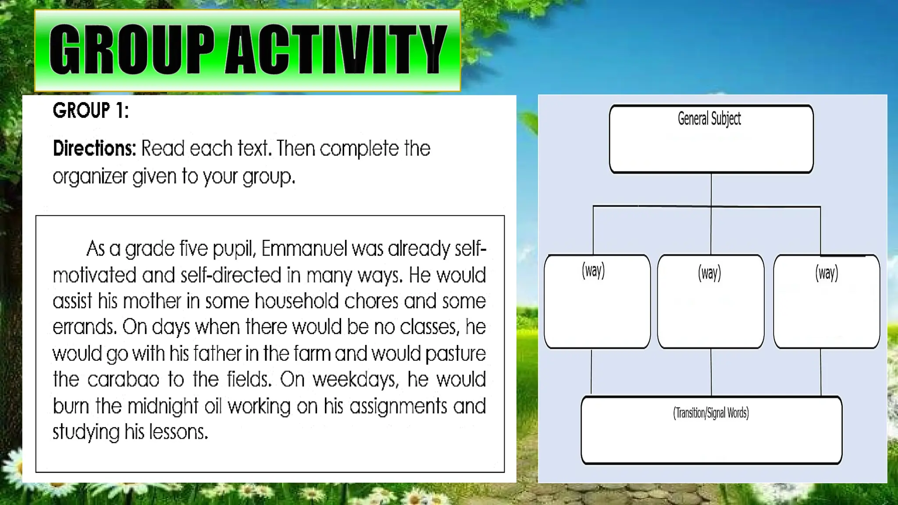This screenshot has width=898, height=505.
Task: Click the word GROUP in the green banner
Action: (x=132, y=49)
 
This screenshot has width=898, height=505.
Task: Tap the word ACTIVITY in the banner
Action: (x=335, y=49)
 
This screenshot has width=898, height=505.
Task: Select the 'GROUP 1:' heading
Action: (x=91, y=110)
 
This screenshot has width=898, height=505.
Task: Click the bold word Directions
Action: (x=94, y=149)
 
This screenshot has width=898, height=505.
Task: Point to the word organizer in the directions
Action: (x=89, y=177)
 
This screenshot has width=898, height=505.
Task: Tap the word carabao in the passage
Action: (x=123, y=380)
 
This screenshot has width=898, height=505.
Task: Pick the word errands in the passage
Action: (x=84, y=327)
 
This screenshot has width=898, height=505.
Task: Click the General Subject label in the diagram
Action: (x=709, y=119)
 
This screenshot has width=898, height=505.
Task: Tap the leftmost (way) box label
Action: (x=593, y=270)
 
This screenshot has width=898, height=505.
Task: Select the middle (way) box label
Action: (x=709, y=273)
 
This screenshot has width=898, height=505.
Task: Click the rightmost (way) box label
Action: (x=826, y=273)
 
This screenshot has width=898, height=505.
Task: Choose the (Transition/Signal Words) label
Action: (x=711, y=413)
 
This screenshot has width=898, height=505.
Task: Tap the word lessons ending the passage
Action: (x=178, y=432)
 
